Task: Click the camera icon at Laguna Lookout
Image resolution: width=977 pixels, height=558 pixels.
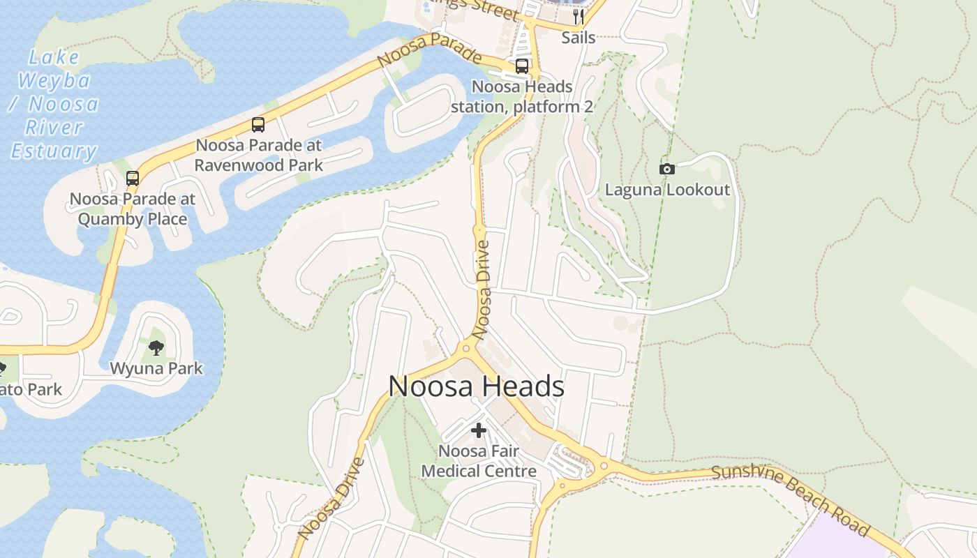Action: [667, 169]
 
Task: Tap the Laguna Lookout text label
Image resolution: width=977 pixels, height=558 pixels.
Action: [667, 190]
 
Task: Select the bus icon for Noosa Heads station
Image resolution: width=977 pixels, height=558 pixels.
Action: [522, 66]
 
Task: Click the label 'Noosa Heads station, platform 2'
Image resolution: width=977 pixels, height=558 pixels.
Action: [522, 97]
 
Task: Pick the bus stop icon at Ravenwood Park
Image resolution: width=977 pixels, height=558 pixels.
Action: [258, 125]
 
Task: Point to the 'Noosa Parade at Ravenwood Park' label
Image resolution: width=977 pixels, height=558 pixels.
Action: [259, 156]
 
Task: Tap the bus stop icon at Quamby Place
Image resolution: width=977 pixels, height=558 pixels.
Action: [133, 178]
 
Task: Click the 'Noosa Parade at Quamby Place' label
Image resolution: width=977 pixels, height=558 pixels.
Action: [133, 209]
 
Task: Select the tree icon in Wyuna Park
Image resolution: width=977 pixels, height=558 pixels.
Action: [156, 347]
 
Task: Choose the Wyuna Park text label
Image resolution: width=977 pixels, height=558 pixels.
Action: [156, 368]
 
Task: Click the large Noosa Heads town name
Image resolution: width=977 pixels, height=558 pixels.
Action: [476, 386]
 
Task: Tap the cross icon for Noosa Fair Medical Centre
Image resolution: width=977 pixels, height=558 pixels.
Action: [479, 430]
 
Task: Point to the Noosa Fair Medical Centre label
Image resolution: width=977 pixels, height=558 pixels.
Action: [479, 461]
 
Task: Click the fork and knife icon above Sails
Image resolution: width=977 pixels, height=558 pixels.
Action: [579, 16]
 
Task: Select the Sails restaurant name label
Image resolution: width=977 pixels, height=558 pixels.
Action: [579, 38]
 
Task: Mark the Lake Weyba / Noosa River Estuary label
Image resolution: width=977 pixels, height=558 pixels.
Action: [53, 105]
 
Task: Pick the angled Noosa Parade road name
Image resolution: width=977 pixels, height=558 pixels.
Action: [429, 50]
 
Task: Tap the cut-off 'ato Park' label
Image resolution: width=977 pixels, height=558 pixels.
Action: [31, 389]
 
